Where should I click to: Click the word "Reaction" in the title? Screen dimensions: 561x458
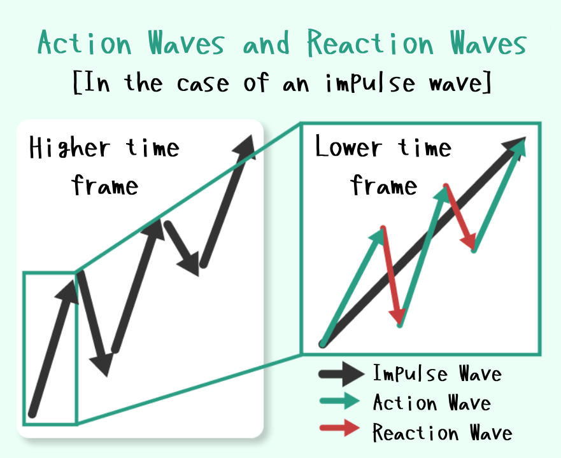pos(371,43)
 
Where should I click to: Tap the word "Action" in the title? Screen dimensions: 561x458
pos(85,43)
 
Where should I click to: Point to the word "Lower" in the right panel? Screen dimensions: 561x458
pos(348,146)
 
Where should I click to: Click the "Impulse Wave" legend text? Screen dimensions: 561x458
pos(437,373)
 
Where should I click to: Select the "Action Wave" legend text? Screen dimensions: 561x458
pos(432,403)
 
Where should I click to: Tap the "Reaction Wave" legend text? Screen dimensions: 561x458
pos(442,432)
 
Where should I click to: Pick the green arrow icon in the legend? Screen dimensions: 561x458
pos(339,401)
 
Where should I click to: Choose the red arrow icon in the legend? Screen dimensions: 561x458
pos(339,427)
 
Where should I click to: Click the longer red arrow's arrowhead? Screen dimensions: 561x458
pos(398,316)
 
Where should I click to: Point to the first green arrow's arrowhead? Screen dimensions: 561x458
pos(378,237)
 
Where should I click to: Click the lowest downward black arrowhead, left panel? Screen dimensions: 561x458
pos(103,364)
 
